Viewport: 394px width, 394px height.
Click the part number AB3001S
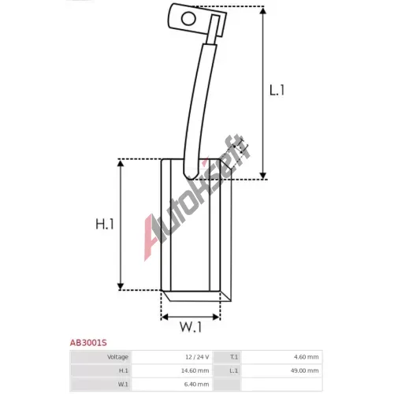(88, 343)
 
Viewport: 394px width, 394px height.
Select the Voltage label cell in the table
(101, 357)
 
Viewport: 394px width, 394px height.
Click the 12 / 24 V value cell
(172, 357)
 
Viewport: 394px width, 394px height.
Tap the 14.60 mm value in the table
(195, 370)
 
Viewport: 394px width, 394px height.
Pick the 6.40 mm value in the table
(196, 385)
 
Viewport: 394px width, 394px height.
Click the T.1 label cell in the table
(227, 357)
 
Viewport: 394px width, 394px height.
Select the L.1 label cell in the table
(227, 370)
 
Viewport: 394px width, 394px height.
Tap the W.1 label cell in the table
(101, 385)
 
